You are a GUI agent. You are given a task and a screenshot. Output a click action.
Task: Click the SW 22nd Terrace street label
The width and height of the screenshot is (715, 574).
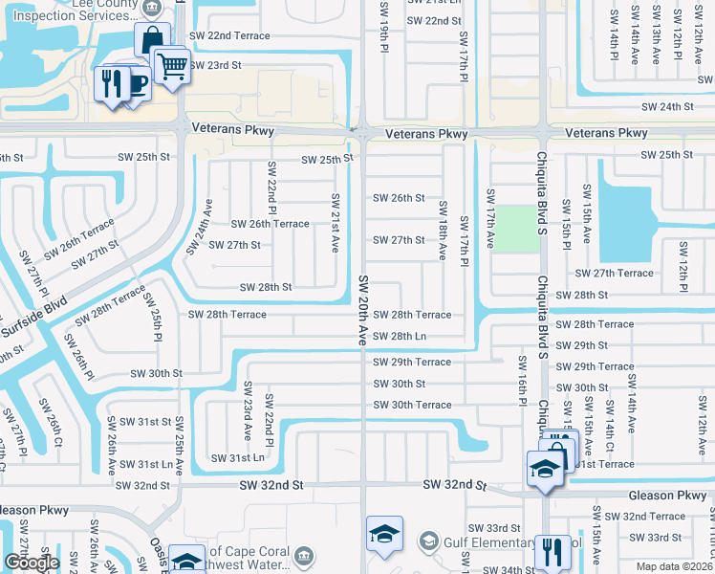click(x=229, y=35)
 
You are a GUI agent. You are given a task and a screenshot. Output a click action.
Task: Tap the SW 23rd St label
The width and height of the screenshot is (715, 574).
click(x=215, y=65)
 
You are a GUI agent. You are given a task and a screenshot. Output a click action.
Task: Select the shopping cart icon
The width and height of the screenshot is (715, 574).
click(x=170, y=66)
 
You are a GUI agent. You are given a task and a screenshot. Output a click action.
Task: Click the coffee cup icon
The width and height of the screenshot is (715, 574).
click(x=136, y=84)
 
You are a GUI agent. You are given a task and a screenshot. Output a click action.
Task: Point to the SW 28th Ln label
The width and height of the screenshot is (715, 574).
click(x=400, y=337)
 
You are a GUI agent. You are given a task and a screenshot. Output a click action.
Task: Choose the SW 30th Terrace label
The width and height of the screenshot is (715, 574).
click(x=412, y=405)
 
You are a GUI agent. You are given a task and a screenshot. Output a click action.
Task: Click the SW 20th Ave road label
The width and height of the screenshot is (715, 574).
click(x=363, y=310)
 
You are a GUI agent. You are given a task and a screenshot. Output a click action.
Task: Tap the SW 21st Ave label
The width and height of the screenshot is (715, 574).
click(x=335, y=223)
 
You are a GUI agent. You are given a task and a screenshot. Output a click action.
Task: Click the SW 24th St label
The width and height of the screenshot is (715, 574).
click(x=667, y=107)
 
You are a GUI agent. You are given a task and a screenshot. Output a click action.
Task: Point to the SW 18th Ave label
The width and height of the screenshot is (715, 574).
click(x=443, y=231)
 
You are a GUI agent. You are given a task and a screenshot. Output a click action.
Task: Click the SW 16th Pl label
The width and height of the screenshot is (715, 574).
click(x=522, y=379)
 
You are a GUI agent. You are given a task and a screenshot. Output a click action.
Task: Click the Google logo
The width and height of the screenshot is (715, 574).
click(x=32, y=563)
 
